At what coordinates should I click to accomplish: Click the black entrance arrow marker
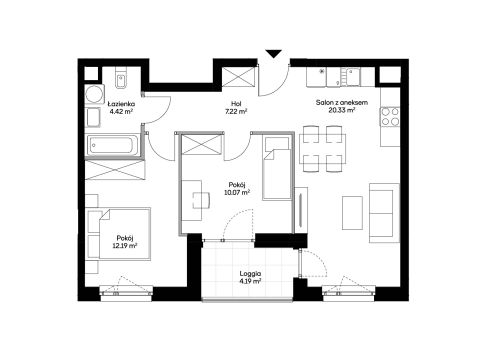[x=274, y=54]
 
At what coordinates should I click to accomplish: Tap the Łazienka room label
[x=121, y=104]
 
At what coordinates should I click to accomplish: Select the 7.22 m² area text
[x=236, y=112]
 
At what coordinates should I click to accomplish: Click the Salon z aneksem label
[x=342, y=102]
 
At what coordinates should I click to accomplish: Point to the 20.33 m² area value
[x=342, y=110]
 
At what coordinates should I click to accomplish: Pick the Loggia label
[x=250, y=274]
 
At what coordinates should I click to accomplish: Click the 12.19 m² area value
[x=125, y=246]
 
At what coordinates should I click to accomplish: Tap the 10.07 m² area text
[x=237, y=192]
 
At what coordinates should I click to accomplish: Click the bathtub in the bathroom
[x=112, y=145]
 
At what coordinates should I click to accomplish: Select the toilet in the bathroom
[x=121, y=79]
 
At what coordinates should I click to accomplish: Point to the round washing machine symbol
[x=95, y=93]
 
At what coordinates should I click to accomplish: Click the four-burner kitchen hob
[x=390, y=117]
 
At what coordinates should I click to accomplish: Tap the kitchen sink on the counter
[x=352, y=76]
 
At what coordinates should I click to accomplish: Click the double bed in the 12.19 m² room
[x=118, y=234]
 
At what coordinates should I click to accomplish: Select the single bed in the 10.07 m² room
[x=276, y=168]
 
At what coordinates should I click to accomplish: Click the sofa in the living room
[x=384, y=213]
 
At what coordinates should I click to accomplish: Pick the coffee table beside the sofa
[x=352, y=213]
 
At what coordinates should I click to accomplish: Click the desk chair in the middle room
[x=201, y=200]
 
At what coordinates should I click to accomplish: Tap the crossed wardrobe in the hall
[x=239, y=77]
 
